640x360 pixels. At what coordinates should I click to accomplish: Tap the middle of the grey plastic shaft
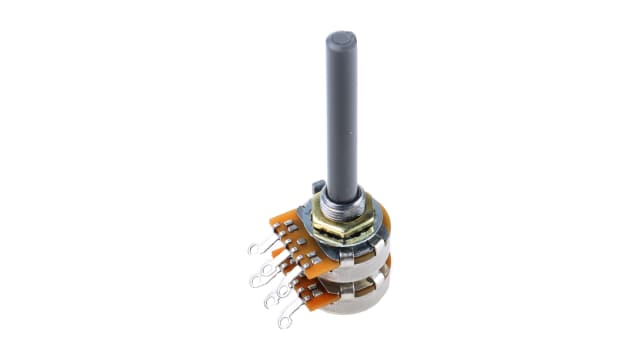pyautogui.click(x=340, y=110)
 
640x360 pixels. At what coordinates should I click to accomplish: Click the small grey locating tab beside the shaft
pyautogui.click(x=318, y=187)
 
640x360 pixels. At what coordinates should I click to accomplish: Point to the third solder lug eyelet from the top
pyautogui.click(x=270, y=297)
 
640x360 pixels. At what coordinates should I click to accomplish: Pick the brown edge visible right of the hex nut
pyautogui.click(x=383, y=222)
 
